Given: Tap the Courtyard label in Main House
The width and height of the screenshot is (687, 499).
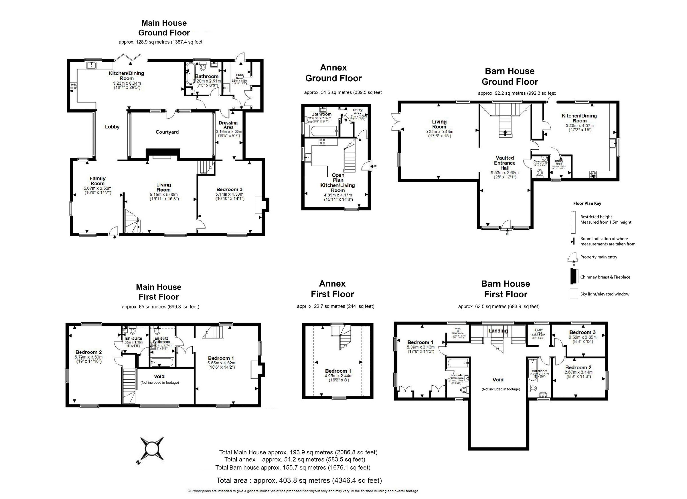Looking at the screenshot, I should point(167,132).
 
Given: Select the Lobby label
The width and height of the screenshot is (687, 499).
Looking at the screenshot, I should point(112,127).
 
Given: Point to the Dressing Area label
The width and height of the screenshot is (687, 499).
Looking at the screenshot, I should point(228,125).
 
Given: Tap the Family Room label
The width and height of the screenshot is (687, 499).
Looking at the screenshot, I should point(97,181).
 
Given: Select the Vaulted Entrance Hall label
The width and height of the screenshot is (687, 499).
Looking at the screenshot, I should point(505,163).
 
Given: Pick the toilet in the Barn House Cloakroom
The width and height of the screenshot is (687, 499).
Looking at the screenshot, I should point(540,173).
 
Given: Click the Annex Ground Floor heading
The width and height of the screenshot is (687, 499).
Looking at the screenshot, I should point(333,73).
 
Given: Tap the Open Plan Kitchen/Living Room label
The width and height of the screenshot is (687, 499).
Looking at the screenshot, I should point(338,183).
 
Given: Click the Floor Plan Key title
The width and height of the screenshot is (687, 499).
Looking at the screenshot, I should point(587,203).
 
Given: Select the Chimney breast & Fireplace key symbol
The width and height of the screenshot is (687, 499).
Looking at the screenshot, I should point(573,276).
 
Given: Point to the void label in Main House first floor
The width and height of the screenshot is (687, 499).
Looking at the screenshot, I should point(159,376).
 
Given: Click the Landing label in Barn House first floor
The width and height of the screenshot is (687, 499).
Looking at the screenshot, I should point(498,331).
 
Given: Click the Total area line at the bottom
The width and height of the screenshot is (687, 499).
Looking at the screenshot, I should point(299,480).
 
